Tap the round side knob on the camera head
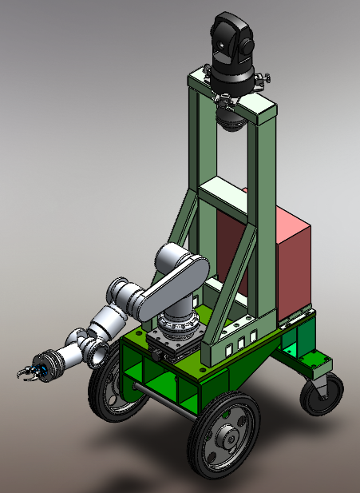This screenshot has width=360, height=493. pos(248,44)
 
